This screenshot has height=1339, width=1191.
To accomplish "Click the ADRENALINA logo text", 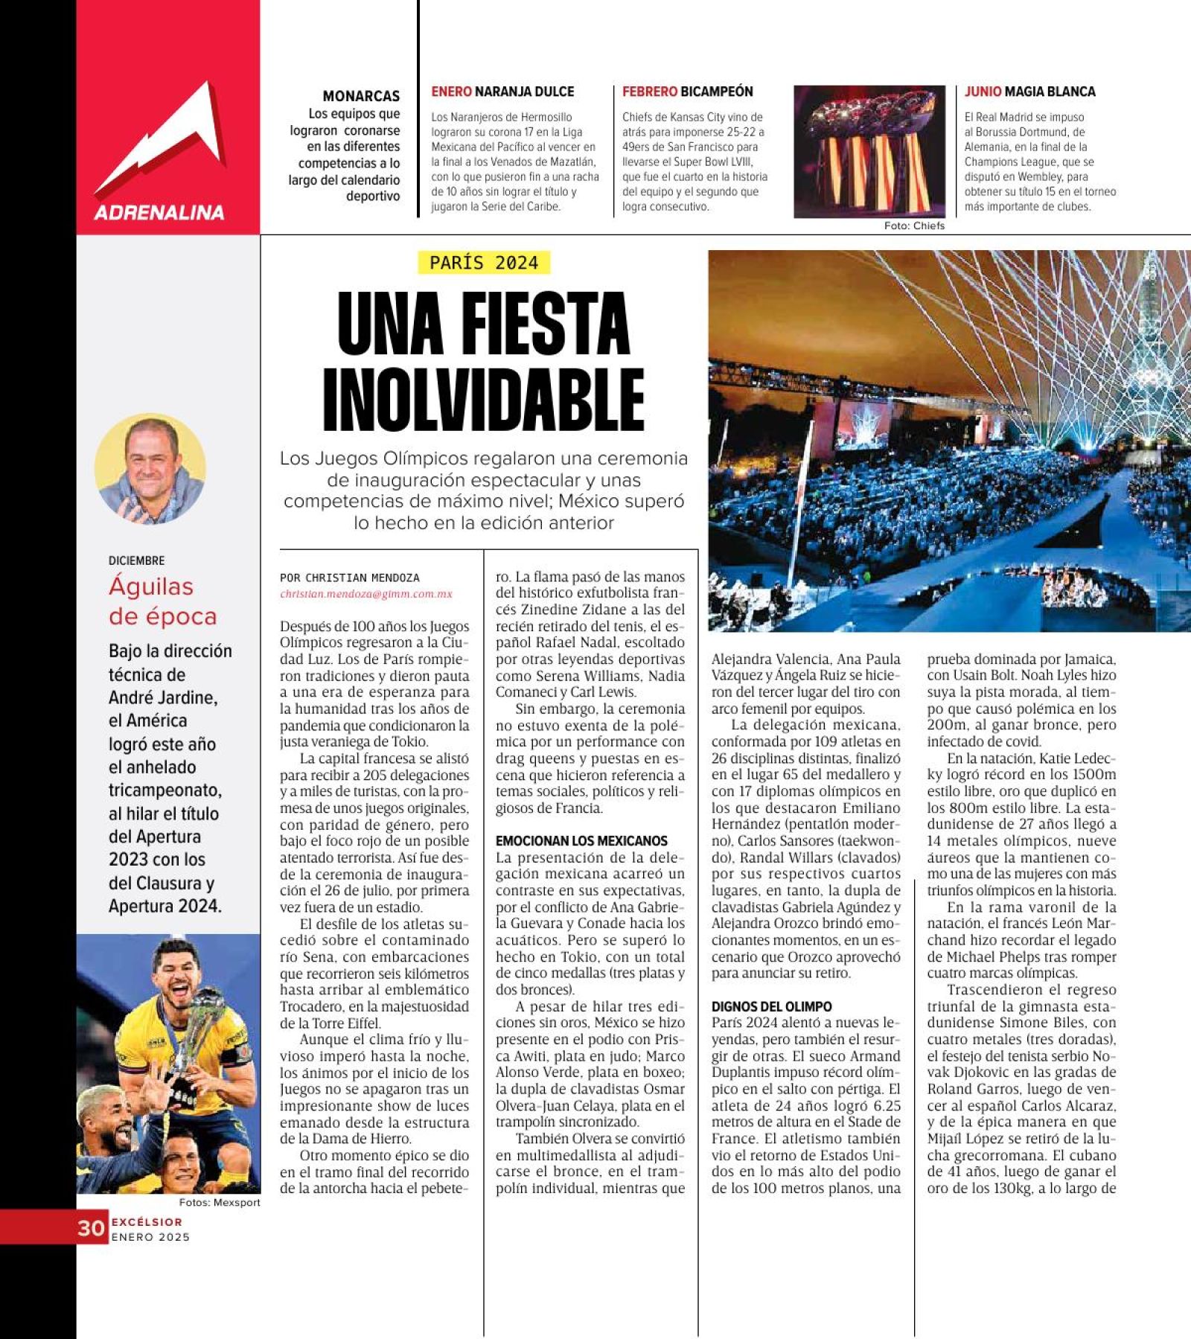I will pyautogui.click(x=159, y=213).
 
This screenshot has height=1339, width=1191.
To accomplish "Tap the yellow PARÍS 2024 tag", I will pyautogui.click(x=484, y=263).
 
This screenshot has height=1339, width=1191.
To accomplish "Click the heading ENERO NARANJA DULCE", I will pyautogui.click(x=502, y=92).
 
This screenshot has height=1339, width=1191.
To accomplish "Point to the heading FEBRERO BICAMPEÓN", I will pyautogui.click(x=687, y=92).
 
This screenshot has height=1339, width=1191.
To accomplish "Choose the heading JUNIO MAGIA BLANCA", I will pyautogui.click(x=1029, y=92).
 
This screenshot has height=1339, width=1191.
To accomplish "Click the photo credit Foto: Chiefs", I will pyautogui.click(x=914, y=226).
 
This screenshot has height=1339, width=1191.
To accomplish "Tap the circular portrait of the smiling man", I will pyautogui.click(x=150, y=468).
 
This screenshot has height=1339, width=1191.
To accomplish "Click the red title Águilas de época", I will pyautogui.click(x=163, y=601).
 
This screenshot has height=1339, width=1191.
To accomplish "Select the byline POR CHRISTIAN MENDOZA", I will pyautogui.click(x=350, y=578).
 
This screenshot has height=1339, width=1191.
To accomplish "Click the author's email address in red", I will pyautogui.click(x=366, y=594).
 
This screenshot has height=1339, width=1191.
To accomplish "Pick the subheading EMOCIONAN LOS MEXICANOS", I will pyautogui.click(x=581, y=841).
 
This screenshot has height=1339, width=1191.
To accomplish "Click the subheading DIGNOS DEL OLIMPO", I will pyautogui.click(x=771, y=1006).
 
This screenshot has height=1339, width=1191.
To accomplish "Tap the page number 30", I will pyautogui.click(x=91, y=1228).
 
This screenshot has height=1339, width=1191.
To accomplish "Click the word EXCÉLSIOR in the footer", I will pyautogui.click(x=147, y=1221).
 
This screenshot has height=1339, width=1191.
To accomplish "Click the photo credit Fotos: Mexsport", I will pyautogui.click(x=219, y=1203).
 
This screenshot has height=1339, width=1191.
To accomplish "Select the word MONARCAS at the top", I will pyautogui.click(x=361, y=96).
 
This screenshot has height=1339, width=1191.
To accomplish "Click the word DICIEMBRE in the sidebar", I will pyautogui.click(x=136, y=560).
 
